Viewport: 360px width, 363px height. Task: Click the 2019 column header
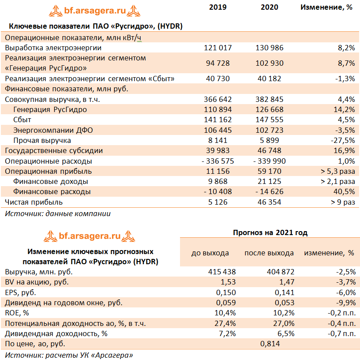(x=218, y=7)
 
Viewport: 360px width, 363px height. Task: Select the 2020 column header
(x=269, y=7)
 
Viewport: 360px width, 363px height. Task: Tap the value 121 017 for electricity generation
(x=218, y=48)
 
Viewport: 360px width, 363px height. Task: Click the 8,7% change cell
(x=346, y=63)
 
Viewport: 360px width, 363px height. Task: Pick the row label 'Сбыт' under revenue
(x=22, y=120)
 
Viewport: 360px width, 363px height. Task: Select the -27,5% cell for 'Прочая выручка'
(x=343, y=140)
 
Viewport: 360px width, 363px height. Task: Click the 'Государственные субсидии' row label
(x=53, y=150)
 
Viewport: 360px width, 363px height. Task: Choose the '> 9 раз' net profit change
(x=343, y=202)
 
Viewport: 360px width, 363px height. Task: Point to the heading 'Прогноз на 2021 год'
(x=270, y=232)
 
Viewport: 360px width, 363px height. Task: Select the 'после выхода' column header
(x=269, y=253)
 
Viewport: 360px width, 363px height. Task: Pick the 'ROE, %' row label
(x=17, y=313)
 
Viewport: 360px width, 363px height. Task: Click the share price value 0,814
(x=270, y=344)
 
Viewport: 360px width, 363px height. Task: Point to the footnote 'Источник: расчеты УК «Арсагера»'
(x=68, y=355)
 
